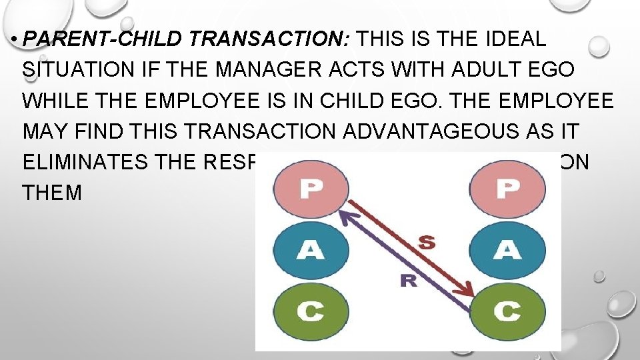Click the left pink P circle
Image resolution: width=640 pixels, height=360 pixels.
click(309, 189)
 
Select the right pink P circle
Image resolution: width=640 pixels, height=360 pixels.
click(508, 189)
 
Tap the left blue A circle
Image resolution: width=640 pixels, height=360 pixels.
click(309, 250)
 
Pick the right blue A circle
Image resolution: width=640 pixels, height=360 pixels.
click(508, 250)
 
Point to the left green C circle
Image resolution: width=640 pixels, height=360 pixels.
click(309, 311)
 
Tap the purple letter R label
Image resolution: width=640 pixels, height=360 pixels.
click(409, 281)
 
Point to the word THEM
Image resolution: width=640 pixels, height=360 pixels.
click(52, 193)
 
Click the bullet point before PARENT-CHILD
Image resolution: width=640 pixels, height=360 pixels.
click(14, 39)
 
